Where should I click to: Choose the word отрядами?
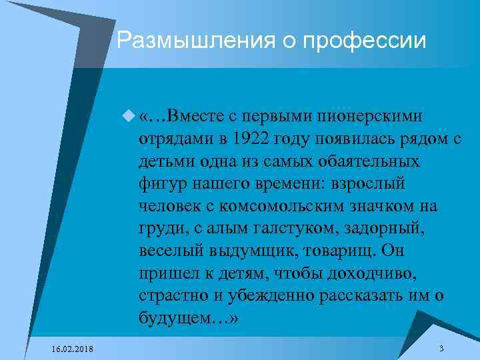(174, 138)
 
